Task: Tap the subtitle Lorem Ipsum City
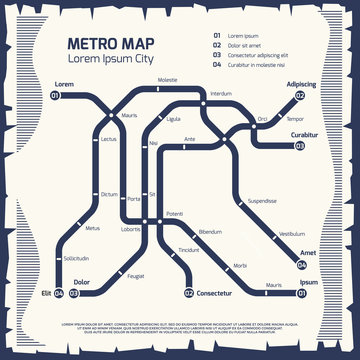pyautogui.click(x=112, y=58)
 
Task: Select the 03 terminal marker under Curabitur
pyautogui.click(x=299, y=146)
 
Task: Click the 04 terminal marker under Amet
pyautogui.click(x=302, y=266)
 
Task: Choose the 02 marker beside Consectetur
pyautogui.click(x=188, y=294)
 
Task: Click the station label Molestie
pyautogui.click(x=167, y=79)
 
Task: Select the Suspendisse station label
pyautogui.click(x=264, y=200)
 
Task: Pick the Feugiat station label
pyautogui.click(x=137, y=275)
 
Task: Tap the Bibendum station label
pyautogui.click(x=210, y=232)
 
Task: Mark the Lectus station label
pyautogui.click(x=109, y=139)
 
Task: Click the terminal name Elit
pyautogui.click(x=45, y=293)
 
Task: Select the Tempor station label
pyautogui.click(x=294, y=119)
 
